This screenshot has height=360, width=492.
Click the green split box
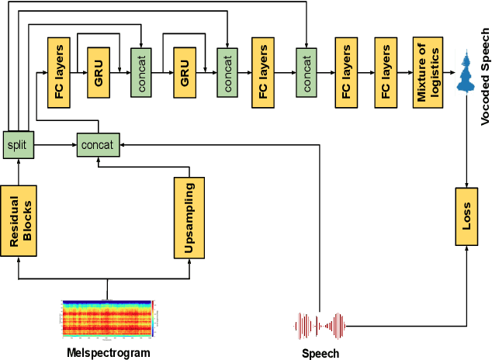17,144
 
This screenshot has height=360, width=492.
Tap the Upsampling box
189,217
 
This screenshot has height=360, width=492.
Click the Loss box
466,216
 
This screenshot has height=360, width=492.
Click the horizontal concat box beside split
98,145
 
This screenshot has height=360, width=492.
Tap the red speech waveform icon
320,326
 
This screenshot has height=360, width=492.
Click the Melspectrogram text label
107,353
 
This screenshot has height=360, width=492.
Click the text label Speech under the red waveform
320,354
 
